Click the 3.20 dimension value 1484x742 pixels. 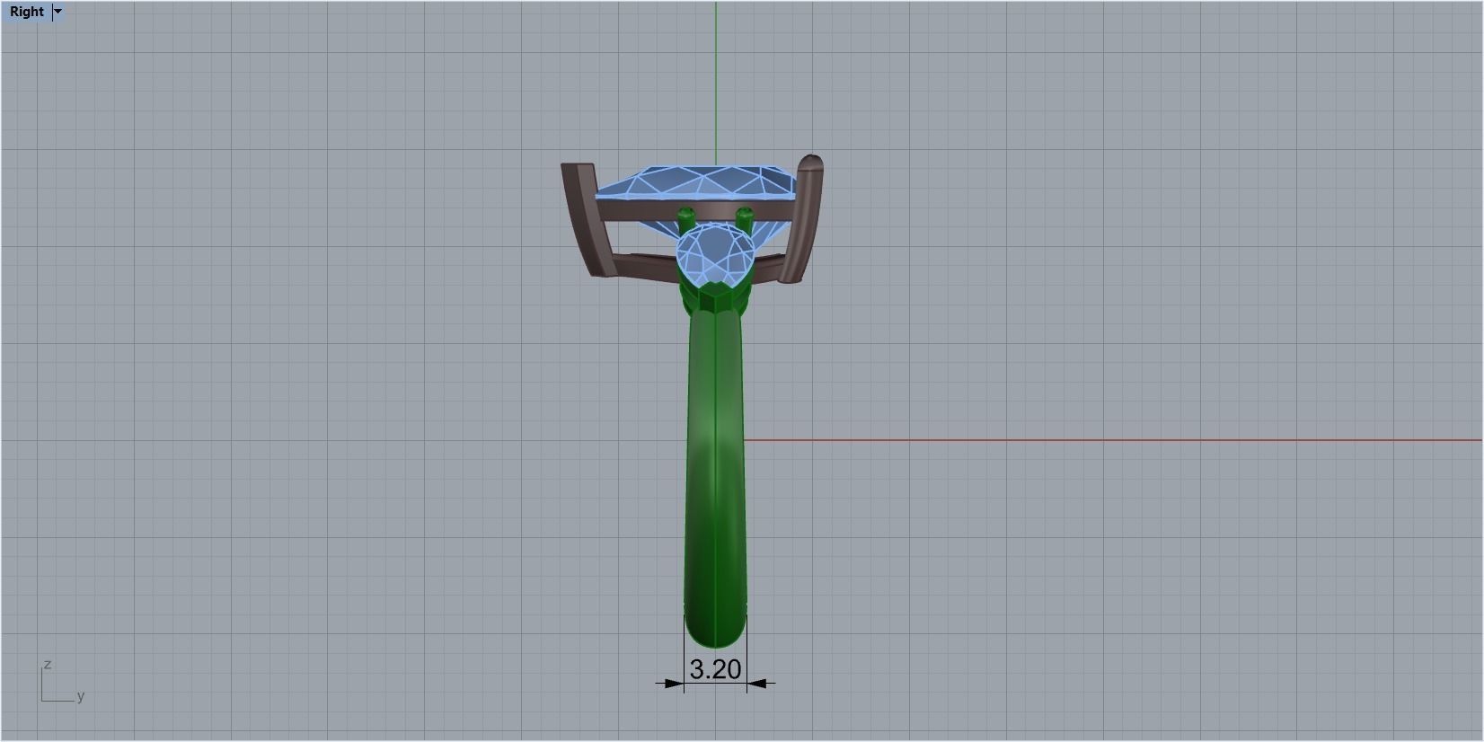715,669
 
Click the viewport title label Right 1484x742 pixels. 27,12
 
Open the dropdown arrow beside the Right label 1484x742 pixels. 58,12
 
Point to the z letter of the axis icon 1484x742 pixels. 47,664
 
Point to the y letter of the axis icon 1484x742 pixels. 80,696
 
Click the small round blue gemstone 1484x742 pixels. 715,252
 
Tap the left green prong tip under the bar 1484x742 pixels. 686,216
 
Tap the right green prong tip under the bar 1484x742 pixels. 745,216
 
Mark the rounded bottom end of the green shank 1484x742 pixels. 715,636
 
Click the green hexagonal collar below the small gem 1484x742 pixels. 715,296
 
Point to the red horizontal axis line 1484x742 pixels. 1078,440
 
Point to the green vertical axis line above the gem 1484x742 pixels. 716,81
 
